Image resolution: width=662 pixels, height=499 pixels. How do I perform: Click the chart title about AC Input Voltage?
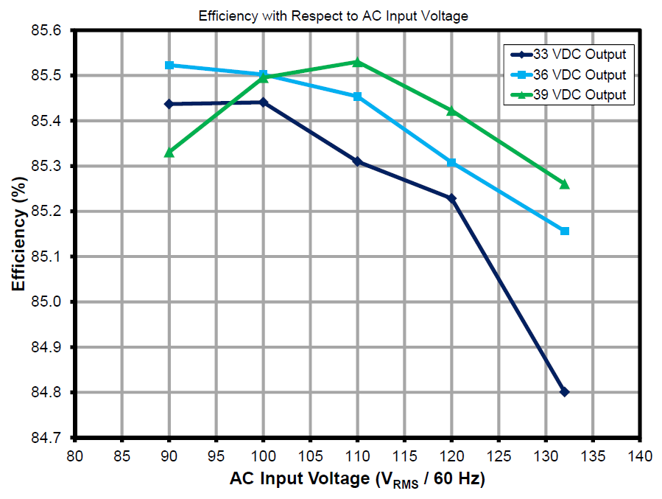coord(333,15)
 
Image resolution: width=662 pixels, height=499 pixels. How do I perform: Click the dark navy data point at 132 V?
coord(565,392)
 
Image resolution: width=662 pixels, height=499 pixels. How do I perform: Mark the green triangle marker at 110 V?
coord(358,62)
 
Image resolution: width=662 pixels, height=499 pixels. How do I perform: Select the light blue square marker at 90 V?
coord(169,66)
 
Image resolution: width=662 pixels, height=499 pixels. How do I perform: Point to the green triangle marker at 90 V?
coord(169,152)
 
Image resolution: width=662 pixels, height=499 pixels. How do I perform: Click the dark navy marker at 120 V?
coord(452,198)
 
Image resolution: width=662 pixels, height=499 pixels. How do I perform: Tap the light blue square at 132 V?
coord(565,231)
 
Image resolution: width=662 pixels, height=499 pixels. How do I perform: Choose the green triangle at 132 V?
coord(565,184)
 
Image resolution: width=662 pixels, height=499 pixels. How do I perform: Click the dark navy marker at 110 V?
coord(358,161)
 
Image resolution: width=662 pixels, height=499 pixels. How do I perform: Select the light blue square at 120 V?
coord(452,162)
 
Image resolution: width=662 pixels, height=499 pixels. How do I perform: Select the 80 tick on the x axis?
coord(75,456)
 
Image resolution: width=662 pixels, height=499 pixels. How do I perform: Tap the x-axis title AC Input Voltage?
coord(357,480)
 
